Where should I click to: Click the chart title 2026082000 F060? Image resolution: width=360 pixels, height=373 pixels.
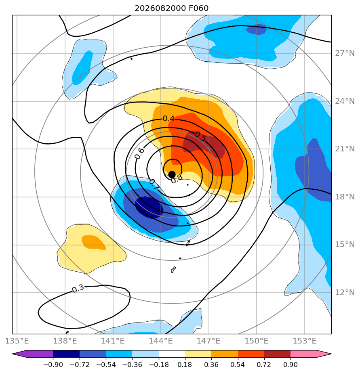coord(171,8)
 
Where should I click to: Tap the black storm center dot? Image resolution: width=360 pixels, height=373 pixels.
coord(172,175)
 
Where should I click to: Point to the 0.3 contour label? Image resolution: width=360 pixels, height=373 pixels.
coord(78,289)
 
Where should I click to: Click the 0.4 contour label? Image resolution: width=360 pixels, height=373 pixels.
coord(168,118)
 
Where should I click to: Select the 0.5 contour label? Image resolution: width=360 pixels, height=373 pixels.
coord(200,137)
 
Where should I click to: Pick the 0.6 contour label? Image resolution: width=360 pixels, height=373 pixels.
coord(139,153)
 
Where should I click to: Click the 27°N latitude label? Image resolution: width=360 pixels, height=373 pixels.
coord(345,53)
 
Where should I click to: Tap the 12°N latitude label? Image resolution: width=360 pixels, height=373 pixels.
coord(345,292)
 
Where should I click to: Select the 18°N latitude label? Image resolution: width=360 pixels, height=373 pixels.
coord(345,197)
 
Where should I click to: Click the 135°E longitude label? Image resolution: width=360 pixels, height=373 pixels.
coord(17,341)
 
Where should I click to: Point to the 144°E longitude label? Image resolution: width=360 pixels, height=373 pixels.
coord(161,341)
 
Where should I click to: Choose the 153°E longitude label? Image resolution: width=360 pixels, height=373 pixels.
coord(305,341)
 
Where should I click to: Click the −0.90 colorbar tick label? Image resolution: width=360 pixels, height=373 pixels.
coord(53,365)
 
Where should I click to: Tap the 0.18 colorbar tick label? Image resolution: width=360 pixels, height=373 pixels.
coord(185,365)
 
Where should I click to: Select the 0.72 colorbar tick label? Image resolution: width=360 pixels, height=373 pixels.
coord(264,365)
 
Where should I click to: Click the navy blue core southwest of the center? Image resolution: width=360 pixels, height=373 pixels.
coord(149,207)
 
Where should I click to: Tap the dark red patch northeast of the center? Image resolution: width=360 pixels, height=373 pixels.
coord(204,145)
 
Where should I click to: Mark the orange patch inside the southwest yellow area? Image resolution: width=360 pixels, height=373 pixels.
coord(94,242)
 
